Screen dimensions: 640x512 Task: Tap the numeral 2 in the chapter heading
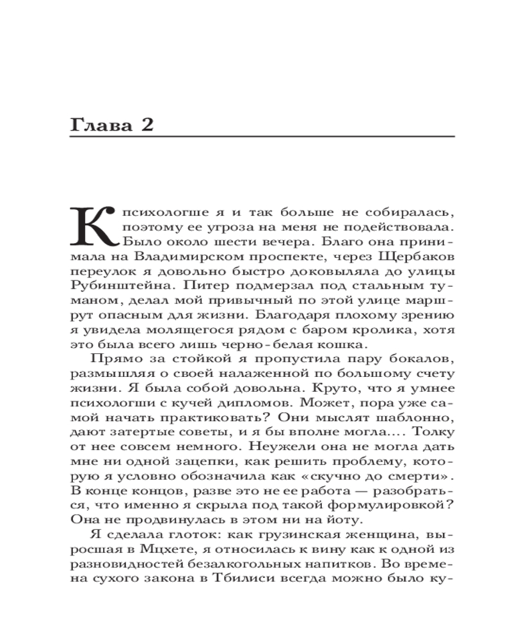[x=146, y=125]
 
